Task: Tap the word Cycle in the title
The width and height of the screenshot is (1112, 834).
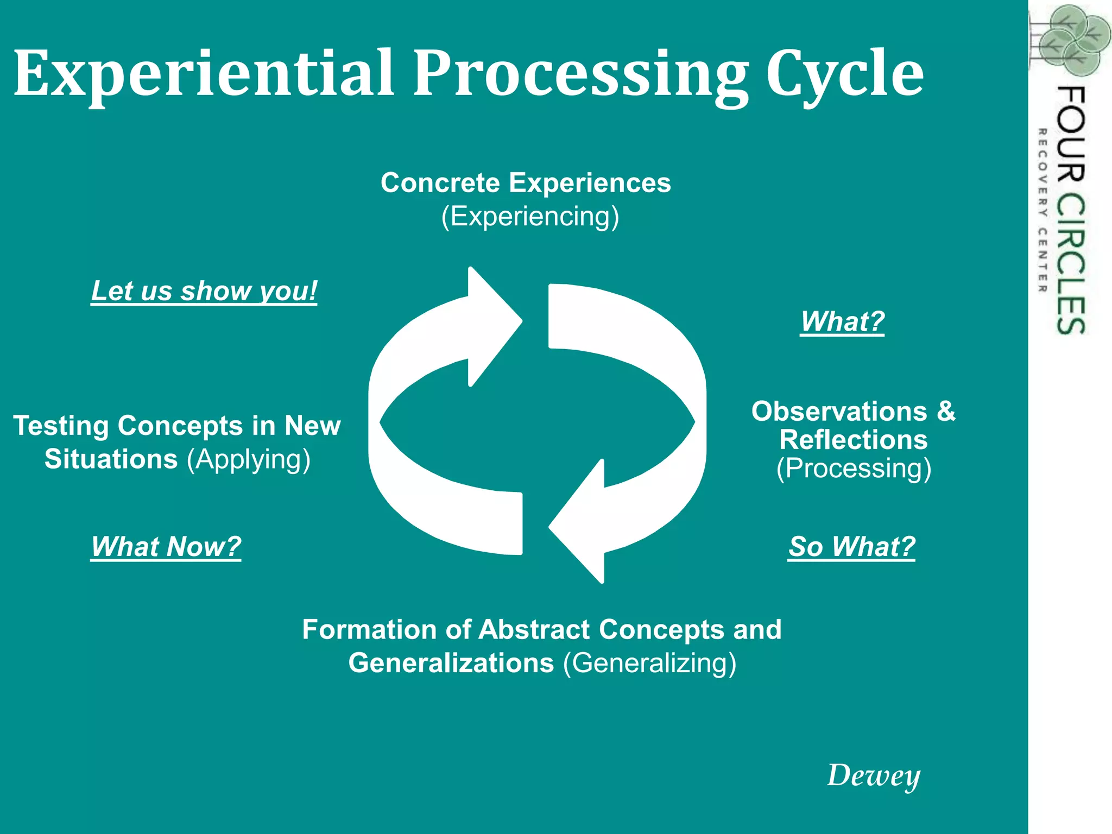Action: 844,73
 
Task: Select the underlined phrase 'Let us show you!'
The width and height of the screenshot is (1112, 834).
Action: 204,291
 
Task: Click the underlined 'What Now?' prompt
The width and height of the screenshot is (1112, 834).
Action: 166,546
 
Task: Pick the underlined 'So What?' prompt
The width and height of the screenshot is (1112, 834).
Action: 851,546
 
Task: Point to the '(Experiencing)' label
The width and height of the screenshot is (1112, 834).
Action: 530,216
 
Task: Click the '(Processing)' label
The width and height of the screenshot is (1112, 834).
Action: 854,468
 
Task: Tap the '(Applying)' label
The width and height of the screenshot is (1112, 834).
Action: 249,459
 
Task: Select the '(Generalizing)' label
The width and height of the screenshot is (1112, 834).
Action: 650,663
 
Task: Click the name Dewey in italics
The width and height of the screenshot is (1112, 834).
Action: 873,775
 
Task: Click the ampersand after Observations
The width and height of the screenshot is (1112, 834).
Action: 946,411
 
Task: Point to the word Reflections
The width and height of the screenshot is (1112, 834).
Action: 854,440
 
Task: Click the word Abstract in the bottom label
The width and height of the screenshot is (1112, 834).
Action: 534,630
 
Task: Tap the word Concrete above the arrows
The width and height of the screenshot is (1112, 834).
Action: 440,183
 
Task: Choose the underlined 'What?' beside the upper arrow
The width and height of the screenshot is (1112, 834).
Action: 842,321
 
